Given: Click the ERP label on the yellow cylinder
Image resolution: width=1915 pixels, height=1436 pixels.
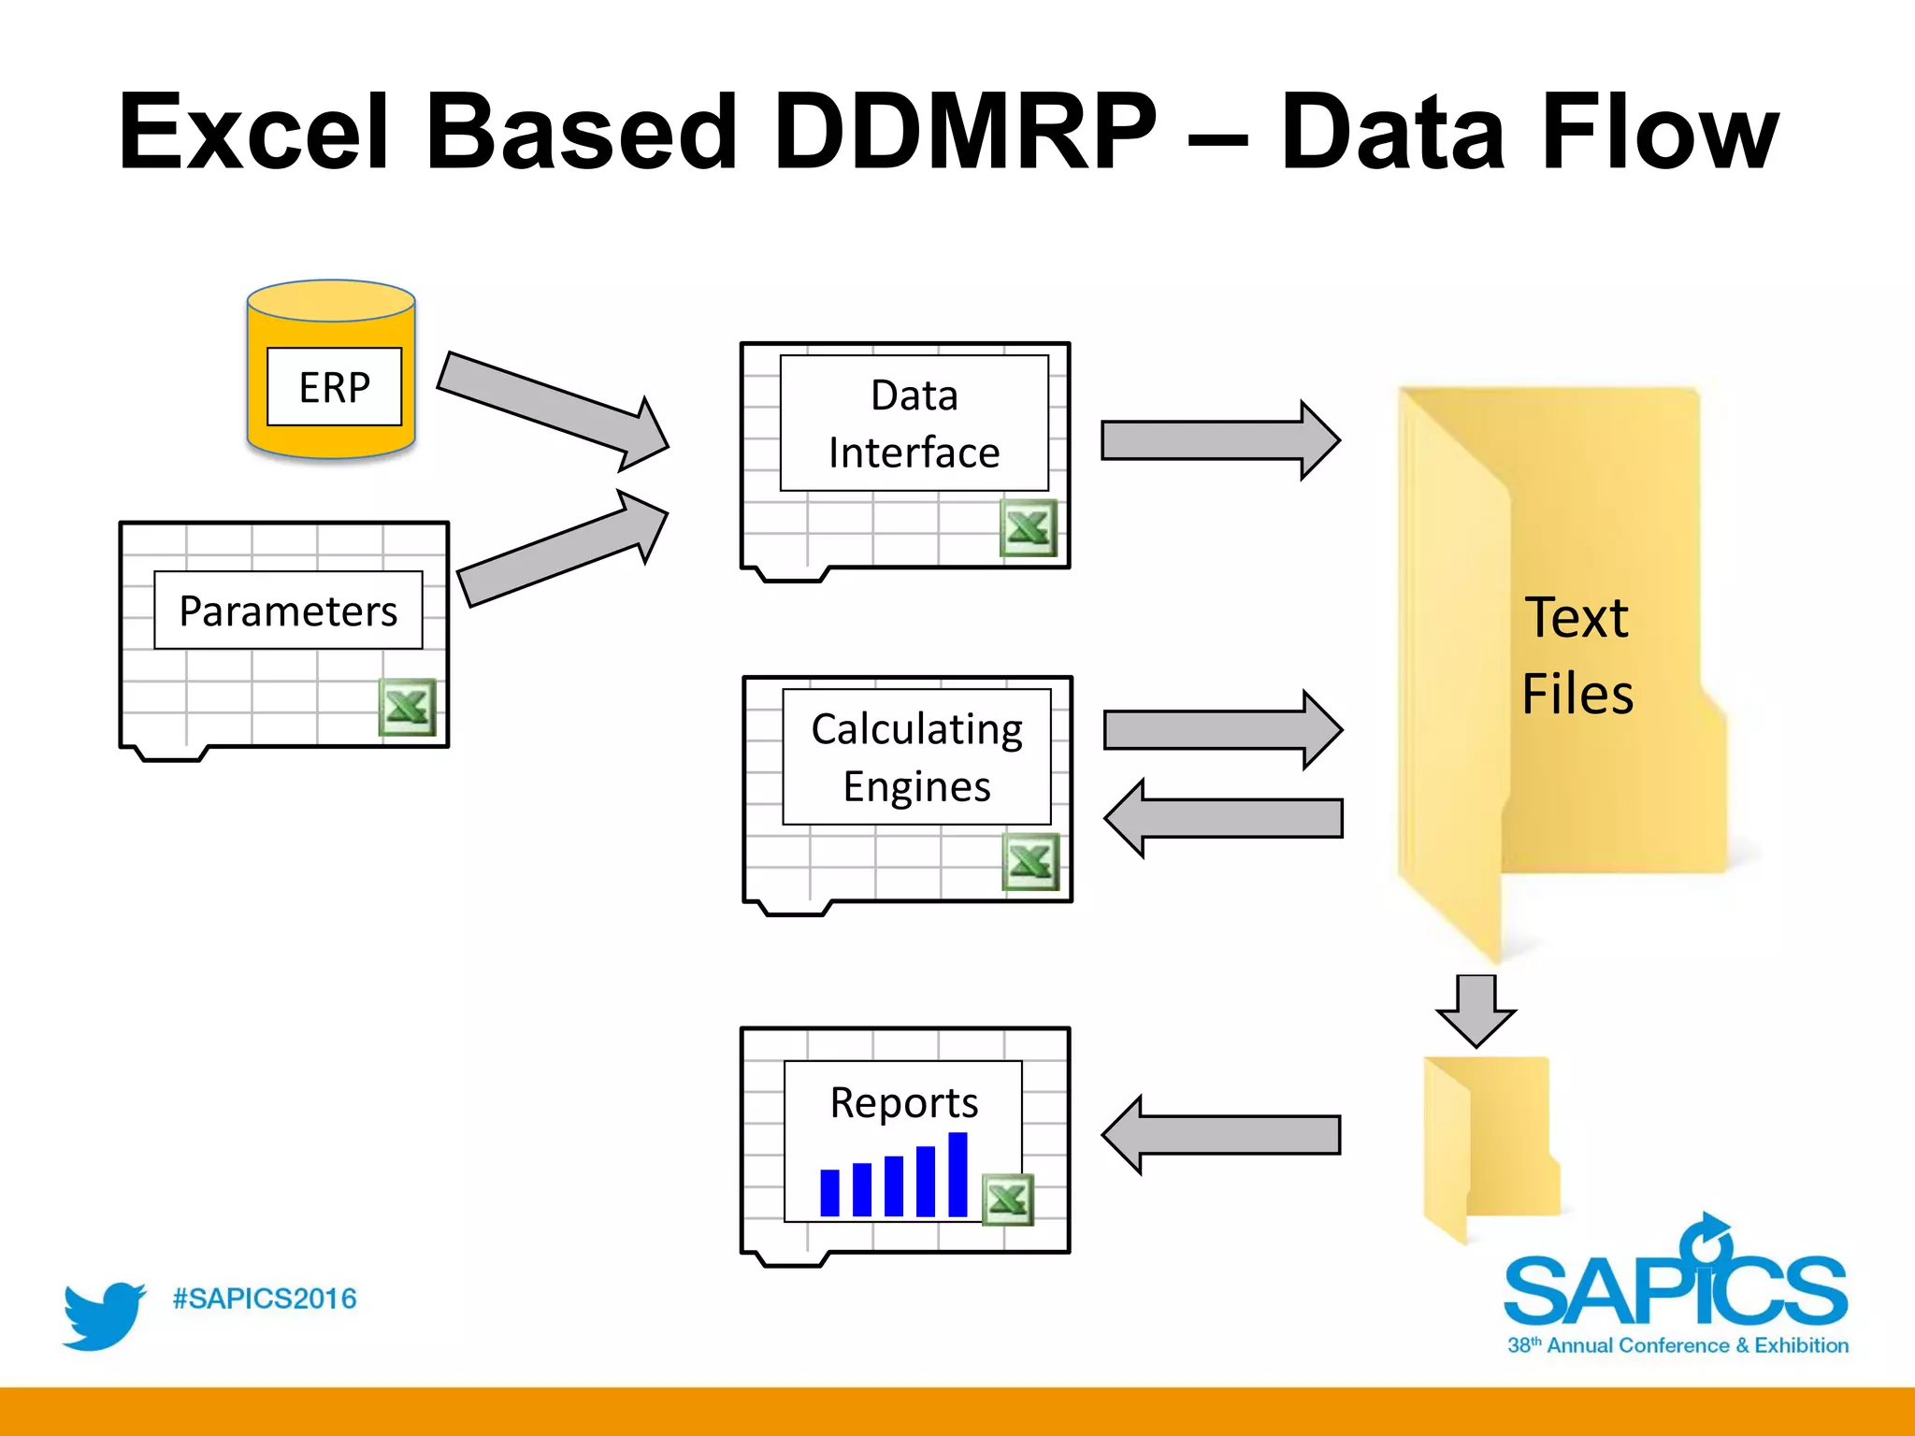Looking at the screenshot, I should coord(334,387).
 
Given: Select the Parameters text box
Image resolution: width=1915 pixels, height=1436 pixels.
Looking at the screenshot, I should coord(288,610).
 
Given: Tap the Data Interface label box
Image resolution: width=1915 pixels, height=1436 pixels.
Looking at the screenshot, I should coord(914,424).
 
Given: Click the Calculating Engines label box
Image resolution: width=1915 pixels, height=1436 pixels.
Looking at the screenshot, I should coord(916,757).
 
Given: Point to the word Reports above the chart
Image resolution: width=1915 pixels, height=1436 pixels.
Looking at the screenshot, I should coord(903,1102).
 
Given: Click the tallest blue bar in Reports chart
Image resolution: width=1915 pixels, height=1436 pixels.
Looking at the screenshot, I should coord(957,1174).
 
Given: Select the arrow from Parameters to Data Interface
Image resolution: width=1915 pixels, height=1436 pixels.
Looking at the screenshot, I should coord(561,549).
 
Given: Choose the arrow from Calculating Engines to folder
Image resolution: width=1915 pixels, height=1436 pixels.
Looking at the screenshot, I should coord(1221,730).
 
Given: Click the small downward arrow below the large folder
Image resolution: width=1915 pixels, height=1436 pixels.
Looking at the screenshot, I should coord(1476,1011).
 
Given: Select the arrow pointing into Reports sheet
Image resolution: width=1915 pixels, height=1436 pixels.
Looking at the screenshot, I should coord(1221,1135).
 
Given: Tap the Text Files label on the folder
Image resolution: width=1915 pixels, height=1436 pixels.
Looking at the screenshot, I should coord(1577,654).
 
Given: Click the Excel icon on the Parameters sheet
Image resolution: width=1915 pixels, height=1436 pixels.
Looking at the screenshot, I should coord(407,707).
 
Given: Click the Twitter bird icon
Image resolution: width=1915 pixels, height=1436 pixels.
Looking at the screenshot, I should coord(103,1315).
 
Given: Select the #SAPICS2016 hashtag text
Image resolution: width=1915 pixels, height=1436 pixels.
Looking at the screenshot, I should coord(265,1299).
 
